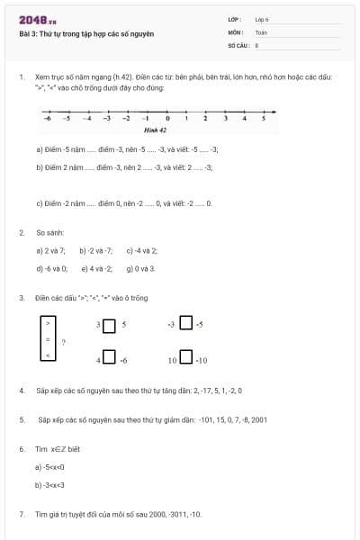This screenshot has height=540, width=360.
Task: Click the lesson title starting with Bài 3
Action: coord(86,34)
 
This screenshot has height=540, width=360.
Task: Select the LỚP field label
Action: coord(235,19)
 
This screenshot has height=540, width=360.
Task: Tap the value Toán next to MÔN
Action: coord(261,31)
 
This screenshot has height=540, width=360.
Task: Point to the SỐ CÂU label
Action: coord(237,43)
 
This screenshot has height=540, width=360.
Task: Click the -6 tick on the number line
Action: coord(47,118)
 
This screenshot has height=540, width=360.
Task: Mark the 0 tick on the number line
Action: coord(167,118)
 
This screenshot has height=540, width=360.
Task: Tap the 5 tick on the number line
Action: coord(264,118)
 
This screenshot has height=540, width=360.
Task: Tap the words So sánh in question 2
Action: coord(48,232)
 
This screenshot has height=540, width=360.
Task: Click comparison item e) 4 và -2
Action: coord(96,268)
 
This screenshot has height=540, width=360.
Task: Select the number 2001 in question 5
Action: coord(258,418)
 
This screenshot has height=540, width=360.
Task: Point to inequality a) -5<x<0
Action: coord(49,466)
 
